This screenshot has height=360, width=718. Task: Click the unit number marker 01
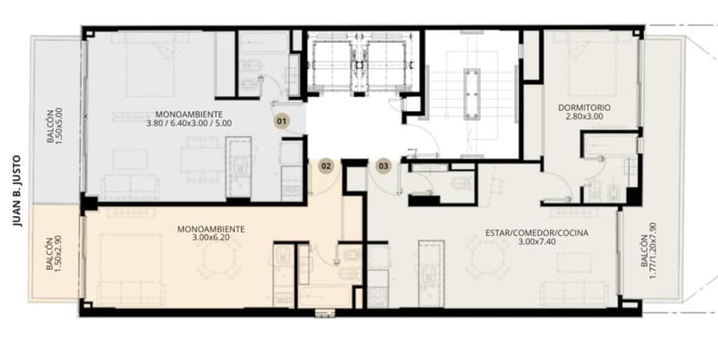click(282, 121)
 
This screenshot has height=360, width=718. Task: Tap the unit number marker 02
click(325, 166)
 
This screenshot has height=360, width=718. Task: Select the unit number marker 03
click(383, 166)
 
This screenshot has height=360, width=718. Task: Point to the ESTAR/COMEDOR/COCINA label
click(537, 233)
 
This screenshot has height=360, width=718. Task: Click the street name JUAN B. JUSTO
click(17, 191)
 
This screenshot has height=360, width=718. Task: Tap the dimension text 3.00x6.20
click(211, 238)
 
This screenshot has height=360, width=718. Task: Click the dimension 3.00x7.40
click(537, 241)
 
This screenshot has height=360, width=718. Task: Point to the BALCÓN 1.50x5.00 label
click(54, 126)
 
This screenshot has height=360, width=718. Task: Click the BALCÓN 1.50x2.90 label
click(54, 253)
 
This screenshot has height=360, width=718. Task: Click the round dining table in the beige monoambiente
click(219, 258)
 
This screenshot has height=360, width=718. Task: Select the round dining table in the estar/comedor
click(487, 259)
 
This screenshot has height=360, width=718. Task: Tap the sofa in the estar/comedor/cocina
click(574, 293)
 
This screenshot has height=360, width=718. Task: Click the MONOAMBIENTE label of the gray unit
click(189, 115)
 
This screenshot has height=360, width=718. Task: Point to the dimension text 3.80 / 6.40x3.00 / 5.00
click(189, 123)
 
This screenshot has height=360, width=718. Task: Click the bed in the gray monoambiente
click(150, 65)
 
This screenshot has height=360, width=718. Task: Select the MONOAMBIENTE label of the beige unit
click(211, 230)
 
